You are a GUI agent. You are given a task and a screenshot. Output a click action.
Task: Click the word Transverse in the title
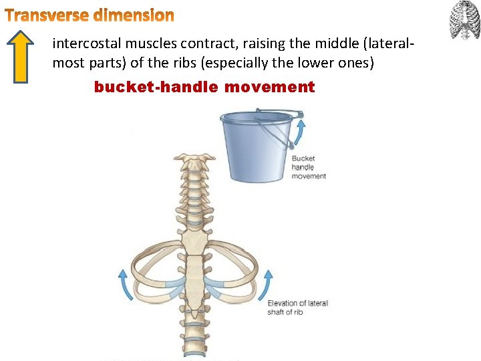point(46,15)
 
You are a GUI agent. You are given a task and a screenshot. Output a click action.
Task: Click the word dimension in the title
point(134,15)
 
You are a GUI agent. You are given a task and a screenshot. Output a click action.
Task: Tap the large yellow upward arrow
point(23,57)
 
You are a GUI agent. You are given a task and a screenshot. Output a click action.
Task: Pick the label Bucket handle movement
point(308,167)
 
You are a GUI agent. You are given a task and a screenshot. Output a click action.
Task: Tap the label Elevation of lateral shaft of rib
point(297,308)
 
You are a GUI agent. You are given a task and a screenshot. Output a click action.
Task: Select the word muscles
point(144,45)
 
